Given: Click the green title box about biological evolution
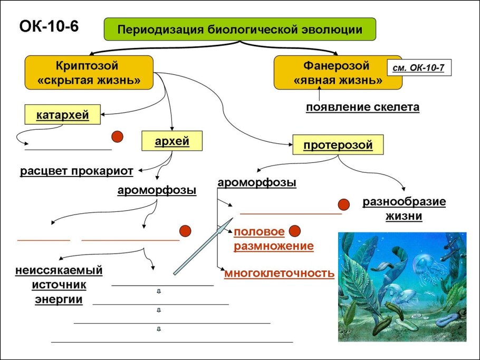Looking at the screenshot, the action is point(239,29).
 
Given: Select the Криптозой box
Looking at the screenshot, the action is point(89,73).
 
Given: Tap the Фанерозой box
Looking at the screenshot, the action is point(338,73).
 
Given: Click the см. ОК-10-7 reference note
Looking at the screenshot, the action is point(418,67).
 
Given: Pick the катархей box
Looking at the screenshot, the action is point(62,115).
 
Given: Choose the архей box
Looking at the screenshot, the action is point(172,141).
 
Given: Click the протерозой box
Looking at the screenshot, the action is point(338,144).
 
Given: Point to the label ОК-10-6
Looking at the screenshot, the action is point(49,26).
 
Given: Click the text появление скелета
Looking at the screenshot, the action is point(363,107).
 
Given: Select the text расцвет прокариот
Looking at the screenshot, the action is point(76,171).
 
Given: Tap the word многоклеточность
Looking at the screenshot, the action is point(280,273).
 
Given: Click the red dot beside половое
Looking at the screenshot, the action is point(294,231).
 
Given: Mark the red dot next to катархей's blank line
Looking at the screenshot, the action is point(117,137).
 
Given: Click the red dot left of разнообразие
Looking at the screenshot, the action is point(344,205).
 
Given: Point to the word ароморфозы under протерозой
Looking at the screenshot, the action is point(257,182).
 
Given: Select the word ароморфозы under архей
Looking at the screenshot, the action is point(157,190).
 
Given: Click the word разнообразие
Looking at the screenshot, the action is point(404,202).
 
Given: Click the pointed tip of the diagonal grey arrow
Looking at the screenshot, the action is point(233,218).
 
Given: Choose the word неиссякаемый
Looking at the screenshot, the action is point(59,270).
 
